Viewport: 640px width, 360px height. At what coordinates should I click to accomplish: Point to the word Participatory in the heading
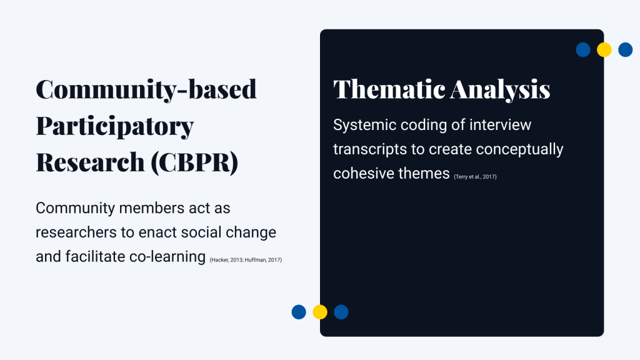[114, 126]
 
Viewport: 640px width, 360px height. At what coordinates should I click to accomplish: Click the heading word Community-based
[146, 89]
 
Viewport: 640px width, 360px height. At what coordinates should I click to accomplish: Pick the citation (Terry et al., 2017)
[475, 177]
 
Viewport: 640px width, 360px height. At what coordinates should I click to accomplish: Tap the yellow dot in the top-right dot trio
[604, 50]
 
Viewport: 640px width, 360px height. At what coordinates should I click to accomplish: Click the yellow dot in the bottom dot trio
[320, 312]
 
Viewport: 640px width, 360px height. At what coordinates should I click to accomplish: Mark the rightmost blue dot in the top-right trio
[625, 50]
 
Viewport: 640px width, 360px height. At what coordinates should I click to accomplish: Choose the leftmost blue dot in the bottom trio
[299, 312]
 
